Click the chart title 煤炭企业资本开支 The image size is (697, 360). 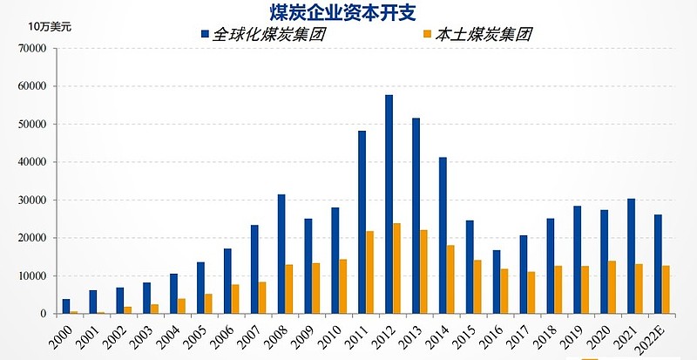click(x=348, y=11)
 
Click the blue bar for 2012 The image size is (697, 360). click(x=389, y=204)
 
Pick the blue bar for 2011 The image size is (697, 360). click(x=362, y=222)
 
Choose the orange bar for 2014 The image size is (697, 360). click(x=451, y=279)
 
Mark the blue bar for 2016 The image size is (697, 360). click(x=497, y=282)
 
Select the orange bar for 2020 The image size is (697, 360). click(x=612, y=287)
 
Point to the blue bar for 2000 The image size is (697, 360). click(x=65, y=306)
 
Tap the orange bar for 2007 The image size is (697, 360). click(x=262, y=297)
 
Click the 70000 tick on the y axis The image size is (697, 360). click(x=32, y=49)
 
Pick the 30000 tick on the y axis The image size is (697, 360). click(x=32, y=200)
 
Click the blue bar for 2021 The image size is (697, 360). click(x=631, y=256)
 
